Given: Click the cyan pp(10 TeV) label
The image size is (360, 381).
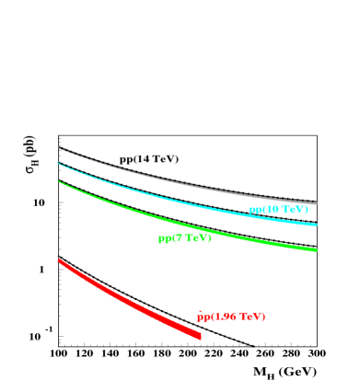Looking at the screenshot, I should point(278,210).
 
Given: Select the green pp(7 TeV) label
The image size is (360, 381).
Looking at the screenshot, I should point(184,238).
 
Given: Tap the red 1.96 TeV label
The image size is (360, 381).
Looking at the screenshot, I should point(231,317).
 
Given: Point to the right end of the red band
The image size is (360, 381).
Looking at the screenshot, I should point(200,336).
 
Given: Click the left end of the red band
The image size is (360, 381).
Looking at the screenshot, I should point(59,260).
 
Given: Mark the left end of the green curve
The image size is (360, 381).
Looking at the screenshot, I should point(59,181).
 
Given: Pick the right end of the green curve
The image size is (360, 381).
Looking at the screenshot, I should point(316,249).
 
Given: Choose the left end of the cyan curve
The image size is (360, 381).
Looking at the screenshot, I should point(58,164).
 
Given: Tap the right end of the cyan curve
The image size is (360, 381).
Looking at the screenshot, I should point(316,225).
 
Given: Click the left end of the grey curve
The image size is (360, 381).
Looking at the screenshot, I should point(59,147).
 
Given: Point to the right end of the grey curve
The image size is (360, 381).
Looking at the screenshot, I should point(316,203).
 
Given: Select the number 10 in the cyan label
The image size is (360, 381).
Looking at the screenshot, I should point(273,210).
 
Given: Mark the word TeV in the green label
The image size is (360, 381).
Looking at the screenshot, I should point(197,238).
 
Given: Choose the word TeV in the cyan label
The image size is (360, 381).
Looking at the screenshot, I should point(294,210).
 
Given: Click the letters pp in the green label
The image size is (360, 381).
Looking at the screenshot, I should point(164,239).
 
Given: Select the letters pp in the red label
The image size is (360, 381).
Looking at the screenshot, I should point(203,317).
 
